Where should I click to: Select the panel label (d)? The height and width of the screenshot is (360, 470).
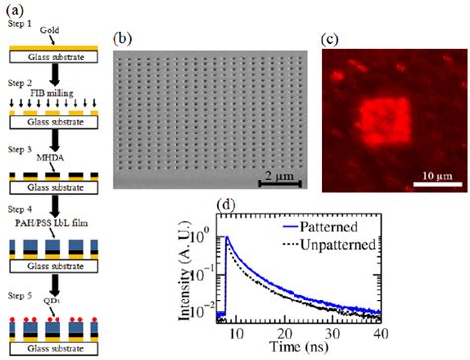click(252, 206)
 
